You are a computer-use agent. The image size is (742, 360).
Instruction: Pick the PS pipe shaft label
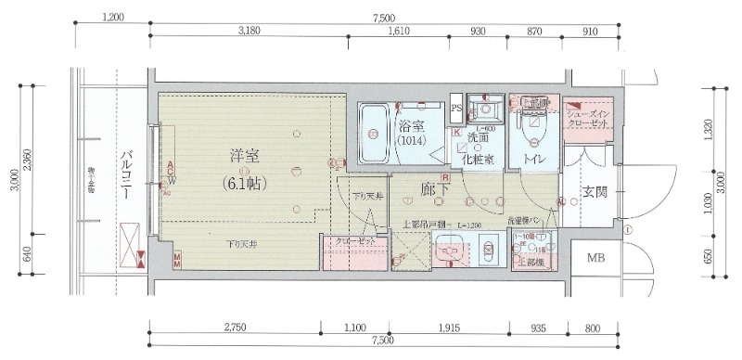pyautogui.click(x=455, y=108)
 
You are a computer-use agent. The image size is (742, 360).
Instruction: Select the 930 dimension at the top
pyautogui.click(x=479, y=32)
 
